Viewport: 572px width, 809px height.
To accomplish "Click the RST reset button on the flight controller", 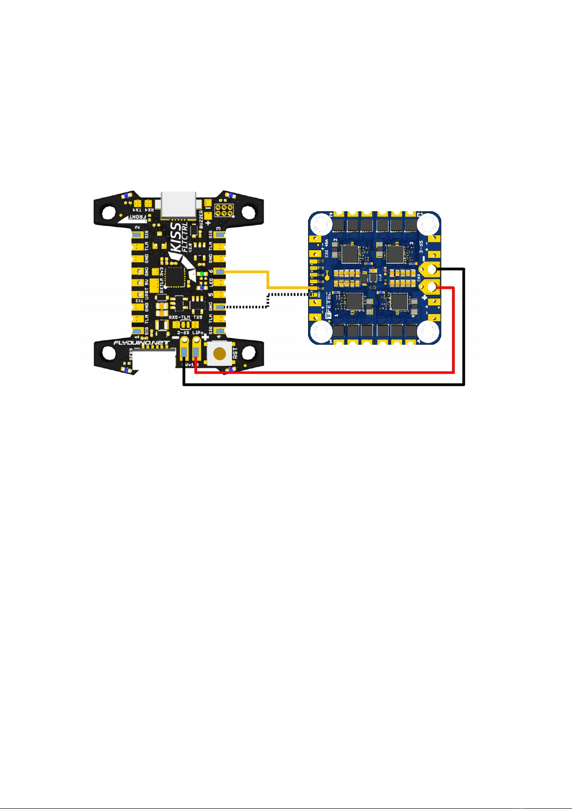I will coord(220,354).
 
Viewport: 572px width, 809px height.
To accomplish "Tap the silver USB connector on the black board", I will coord(179,205).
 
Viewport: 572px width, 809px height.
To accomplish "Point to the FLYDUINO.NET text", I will coord(141,343).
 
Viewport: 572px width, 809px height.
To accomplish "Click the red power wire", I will coord(336,372).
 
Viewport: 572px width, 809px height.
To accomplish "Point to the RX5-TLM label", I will coord(179,317).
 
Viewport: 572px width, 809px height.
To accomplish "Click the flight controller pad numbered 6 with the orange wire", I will coord(220,272).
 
